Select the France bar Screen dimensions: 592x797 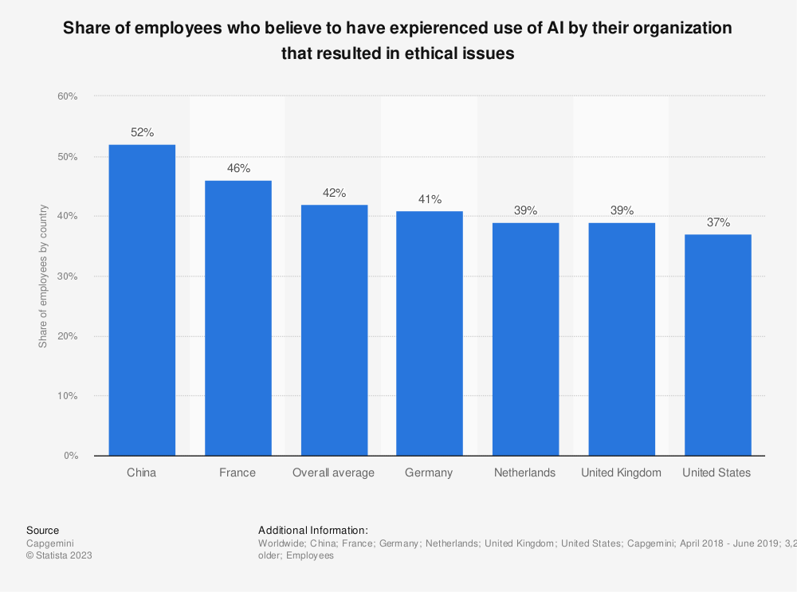tap(238, 318)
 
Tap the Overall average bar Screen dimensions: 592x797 tap(334, 330)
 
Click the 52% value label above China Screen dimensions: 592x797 tap(142, 133)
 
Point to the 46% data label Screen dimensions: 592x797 tap(238, 169)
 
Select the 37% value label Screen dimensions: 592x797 tap(717, 222)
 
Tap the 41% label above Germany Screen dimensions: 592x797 tap(430, 199)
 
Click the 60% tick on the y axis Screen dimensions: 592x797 tap(67, 96)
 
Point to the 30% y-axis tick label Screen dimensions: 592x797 tap(67, 276)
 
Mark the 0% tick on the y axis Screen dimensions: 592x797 tap(70, 456)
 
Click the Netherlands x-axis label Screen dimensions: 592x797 tap(524, 472)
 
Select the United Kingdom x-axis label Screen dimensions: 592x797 tap(621, 472)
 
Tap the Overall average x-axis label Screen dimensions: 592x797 tap(333, 472)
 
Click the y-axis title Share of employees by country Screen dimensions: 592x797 tap(44, 276)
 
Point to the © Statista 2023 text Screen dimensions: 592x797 tap(60, 556)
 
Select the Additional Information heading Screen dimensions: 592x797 tap(313, 530)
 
